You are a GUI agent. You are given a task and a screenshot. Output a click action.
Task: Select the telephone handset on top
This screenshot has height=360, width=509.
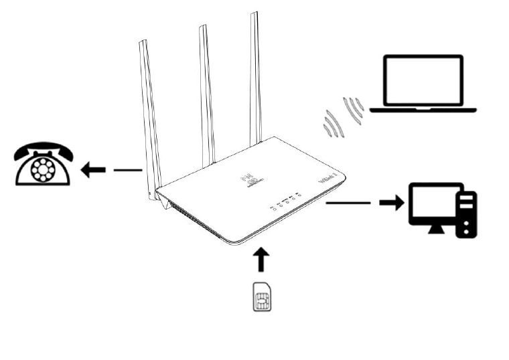pyautogui.click(x=42, y=148)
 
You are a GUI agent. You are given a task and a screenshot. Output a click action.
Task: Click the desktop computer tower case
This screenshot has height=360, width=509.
pyautogui.click(x=467, y=213)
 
